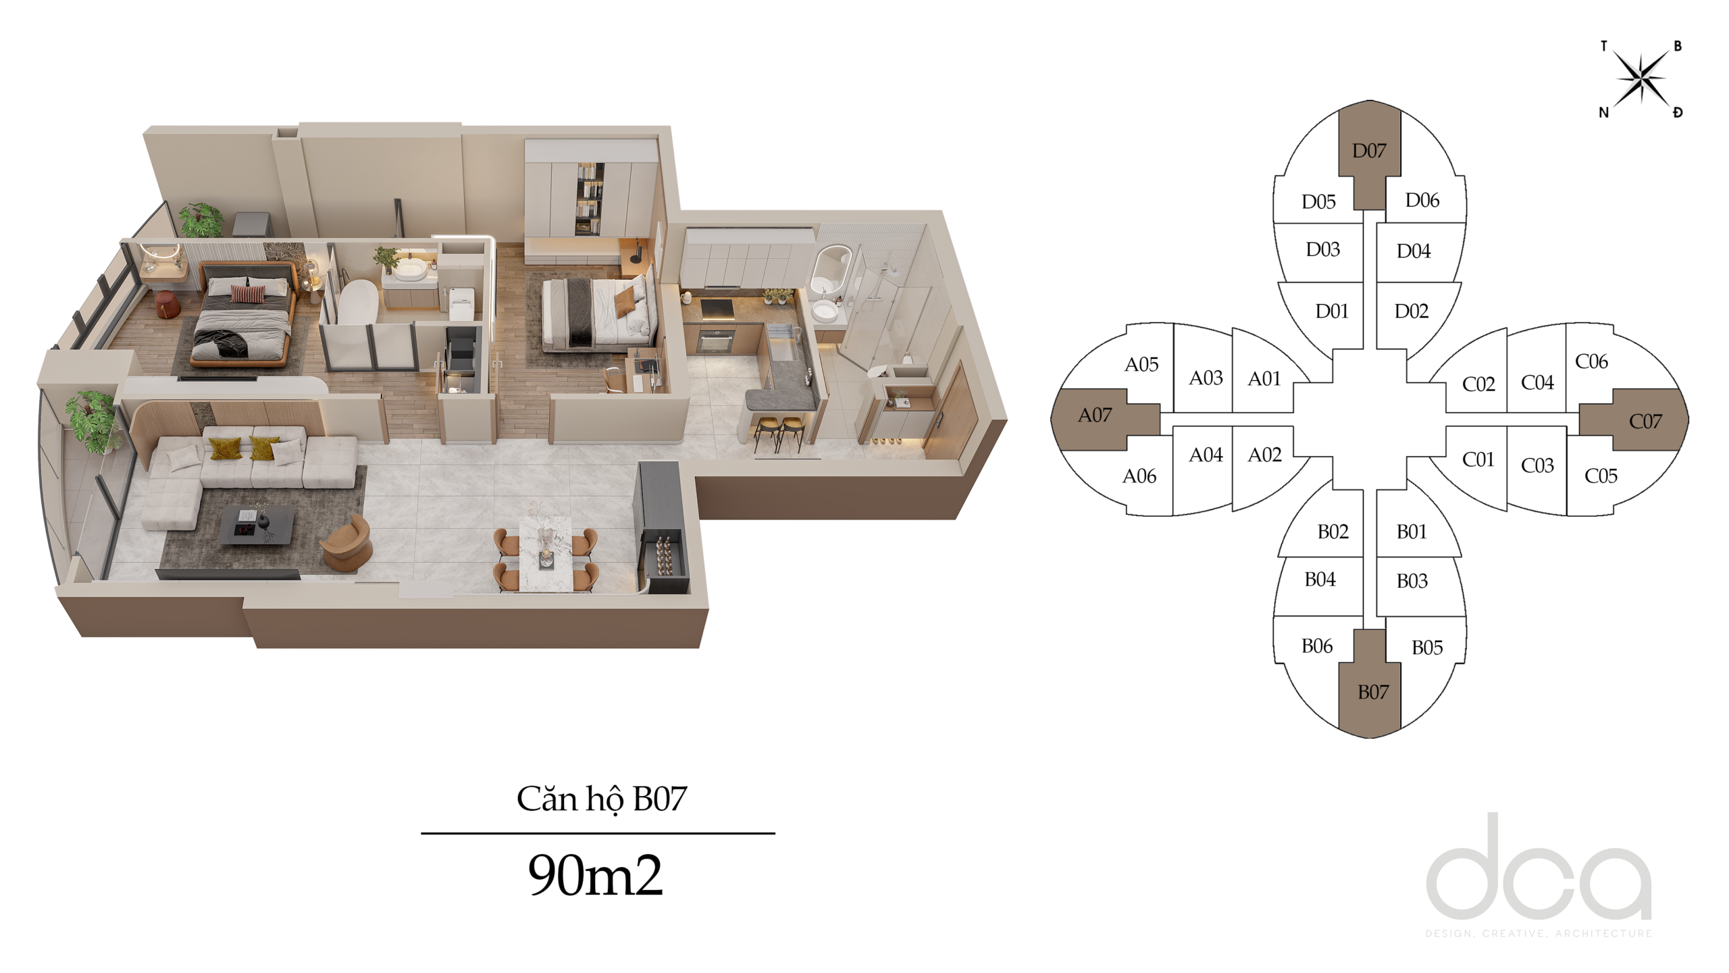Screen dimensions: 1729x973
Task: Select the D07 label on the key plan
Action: coord(1369,151)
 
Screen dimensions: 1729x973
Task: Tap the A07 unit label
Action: coord(1095,415)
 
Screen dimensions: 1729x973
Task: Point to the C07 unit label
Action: coord(1645,422)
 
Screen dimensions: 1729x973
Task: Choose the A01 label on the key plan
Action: coord(1264,378)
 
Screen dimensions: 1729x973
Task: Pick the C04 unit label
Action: coord(1537,382)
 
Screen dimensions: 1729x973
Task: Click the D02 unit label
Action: coord(1412,311)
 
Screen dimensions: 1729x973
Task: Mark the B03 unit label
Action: coord(1412,580)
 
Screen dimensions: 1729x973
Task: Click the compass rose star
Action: coord(1642,78)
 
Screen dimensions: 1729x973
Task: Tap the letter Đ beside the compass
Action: coord(1678,112)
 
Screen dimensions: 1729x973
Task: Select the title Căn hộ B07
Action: coord(601,799)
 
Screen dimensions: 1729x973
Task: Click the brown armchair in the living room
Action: coord(347,543)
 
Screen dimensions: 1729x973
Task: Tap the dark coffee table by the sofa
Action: coord(257,525)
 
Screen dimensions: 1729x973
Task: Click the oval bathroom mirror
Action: coord(831,269)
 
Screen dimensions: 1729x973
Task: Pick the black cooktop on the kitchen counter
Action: coord(717,309)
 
